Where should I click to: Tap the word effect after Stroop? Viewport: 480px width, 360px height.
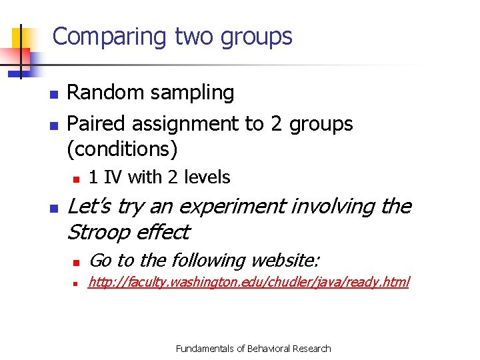pos(163,233)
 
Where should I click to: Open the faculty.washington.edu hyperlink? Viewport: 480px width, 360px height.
pos(249,283)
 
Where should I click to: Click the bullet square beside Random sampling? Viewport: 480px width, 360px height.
pos(53,93)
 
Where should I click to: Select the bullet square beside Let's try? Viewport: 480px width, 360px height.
pos(53,208)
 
